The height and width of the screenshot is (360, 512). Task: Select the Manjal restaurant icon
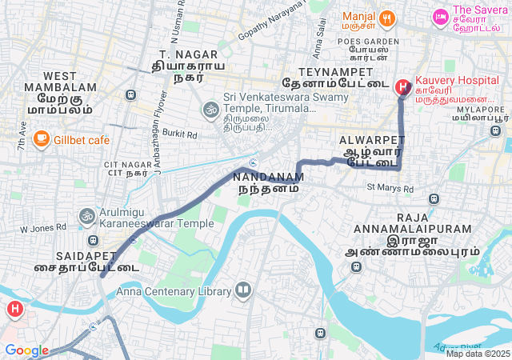386,18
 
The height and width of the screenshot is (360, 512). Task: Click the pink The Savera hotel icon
439,16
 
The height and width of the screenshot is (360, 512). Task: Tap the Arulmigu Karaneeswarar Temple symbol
86,215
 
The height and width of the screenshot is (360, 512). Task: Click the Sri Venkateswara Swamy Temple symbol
210,108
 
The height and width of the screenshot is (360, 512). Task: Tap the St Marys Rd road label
390,188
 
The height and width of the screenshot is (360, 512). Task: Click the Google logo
26,350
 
